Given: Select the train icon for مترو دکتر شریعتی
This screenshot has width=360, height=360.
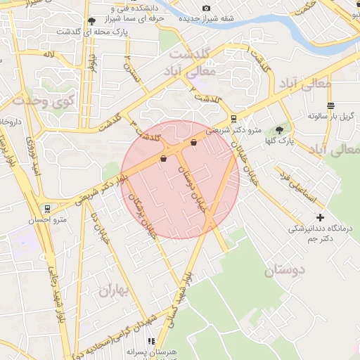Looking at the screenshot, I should click(x=233, y=119).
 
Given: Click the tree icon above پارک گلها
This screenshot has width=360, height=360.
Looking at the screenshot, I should click(x=280, y=130).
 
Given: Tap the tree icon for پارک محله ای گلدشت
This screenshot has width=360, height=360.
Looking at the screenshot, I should click(x=92, y=22).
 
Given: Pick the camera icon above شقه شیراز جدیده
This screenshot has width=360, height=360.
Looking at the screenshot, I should click(x=206, y=8).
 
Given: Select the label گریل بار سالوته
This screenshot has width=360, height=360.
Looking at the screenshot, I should click(x=328, y=116).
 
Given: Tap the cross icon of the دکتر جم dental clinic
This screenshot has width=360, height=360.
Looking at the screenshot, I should click(x=321, y=218).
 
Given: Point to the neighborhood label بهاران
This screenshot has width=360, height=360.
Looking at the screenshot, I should click(x=114, y=289).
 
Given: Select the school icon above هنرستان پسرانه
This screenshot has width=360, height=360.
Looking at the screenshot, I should click(x=150, y=341).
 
